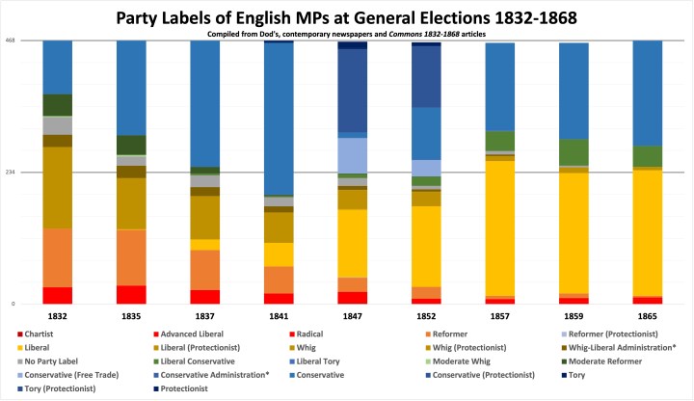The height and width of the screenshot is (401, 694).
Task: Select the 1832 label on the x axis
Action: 58,315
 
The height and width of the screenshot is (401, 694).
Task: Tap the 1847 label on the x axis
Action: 353,315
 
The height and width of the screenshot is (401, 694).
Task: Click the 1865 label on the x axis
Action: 648,315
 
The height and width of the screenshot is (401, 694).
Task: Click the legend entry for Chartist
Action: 40,334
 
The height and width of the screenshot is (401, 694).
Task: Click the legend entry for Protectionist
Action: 194,388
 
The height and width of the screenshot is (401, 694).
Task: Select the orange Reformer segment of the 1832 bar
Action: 58,257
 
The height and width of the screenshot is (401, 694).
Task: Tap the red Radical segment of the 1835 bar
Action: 131,294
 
